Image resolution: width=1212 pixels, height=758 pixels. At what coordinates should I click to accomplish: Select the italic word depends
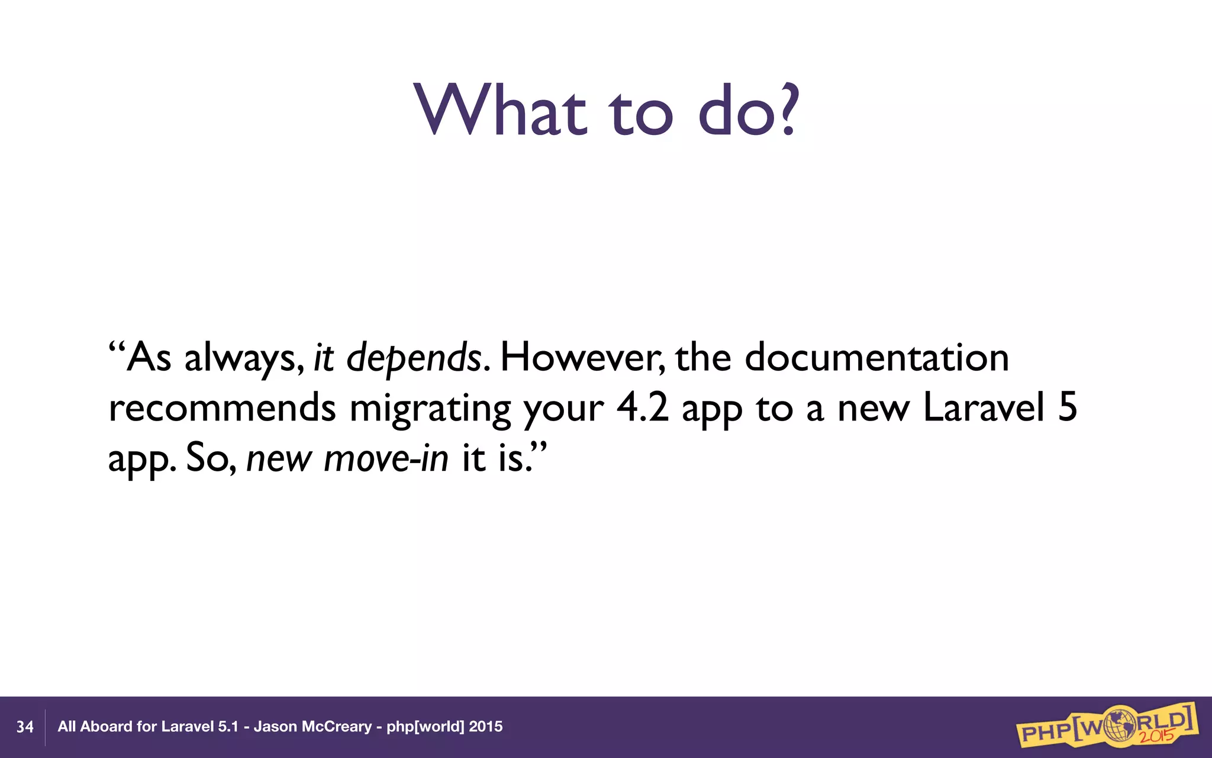point(414,358)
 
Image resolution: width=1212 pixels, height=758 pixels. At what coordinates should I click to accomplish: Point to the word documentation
point(876,358)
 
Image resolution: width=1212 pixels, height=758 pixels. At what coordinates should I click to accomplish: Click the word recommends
point(223,409)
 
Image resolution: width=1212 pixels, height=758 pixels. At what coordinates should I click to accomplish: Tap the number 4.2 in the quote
point(642,409)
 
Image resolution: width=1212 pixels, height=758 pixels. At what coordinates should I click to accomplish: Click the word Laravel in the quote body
point(984,409)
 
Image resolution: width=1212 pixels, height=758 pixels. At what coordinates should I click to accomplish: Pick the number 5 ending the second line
point(1068,409)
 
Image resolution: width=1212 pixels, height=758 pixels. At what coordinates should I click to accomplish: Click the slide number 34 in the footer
point(25,727)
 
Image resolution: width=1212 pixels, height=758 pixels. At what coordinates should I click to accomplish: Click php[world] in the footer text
point(425,727)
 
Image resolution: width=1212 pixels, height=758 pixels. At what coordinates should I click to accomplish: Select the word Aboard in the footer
point(106,727)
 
